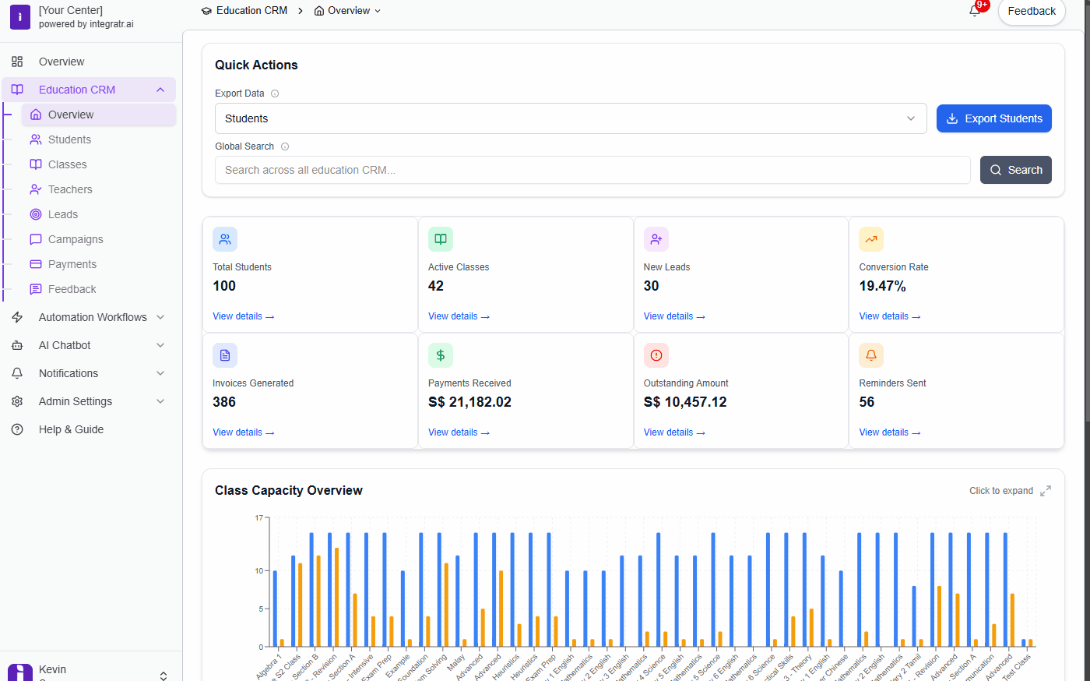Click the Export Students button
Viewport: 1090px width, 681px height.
(993, 118)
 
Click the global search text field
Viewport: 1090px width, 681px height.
(592, 170)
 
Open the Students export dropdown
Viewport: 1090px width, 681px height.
(570, 118)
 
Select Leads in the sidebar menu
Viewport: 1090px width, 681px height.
(62, 214)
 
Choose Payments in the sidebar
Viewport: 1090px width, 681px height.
(72, 264)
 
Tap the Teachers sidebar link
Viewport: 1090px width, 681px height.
(69, 189)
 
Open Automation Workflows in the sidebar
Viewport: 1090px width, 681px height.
(93, 317)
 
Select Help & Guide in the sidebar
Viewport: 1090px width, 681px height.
(71, 429)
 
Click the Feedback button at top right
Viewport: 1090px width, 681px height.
(1031, 12)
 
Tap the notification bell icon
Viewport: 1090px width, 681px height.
(975, 11)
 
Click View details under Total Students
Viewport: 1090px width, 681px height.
(243, 316)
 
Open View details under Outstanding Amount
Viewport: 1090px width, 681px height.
(673, 432)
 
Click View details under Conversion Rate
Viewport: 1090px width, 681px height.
(889, 316)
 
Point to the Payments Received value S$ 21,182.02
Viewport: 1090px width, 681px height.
(469, 402)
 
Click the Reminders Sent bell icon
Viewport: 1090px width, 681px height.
(871, 355)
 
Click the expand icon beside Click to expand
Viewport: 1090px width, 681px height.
(1046, 491)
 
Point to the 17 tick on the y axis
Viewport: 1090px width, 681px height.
(259, 517)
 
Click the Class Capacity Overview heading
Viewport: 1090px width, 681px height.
(289, 490)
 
